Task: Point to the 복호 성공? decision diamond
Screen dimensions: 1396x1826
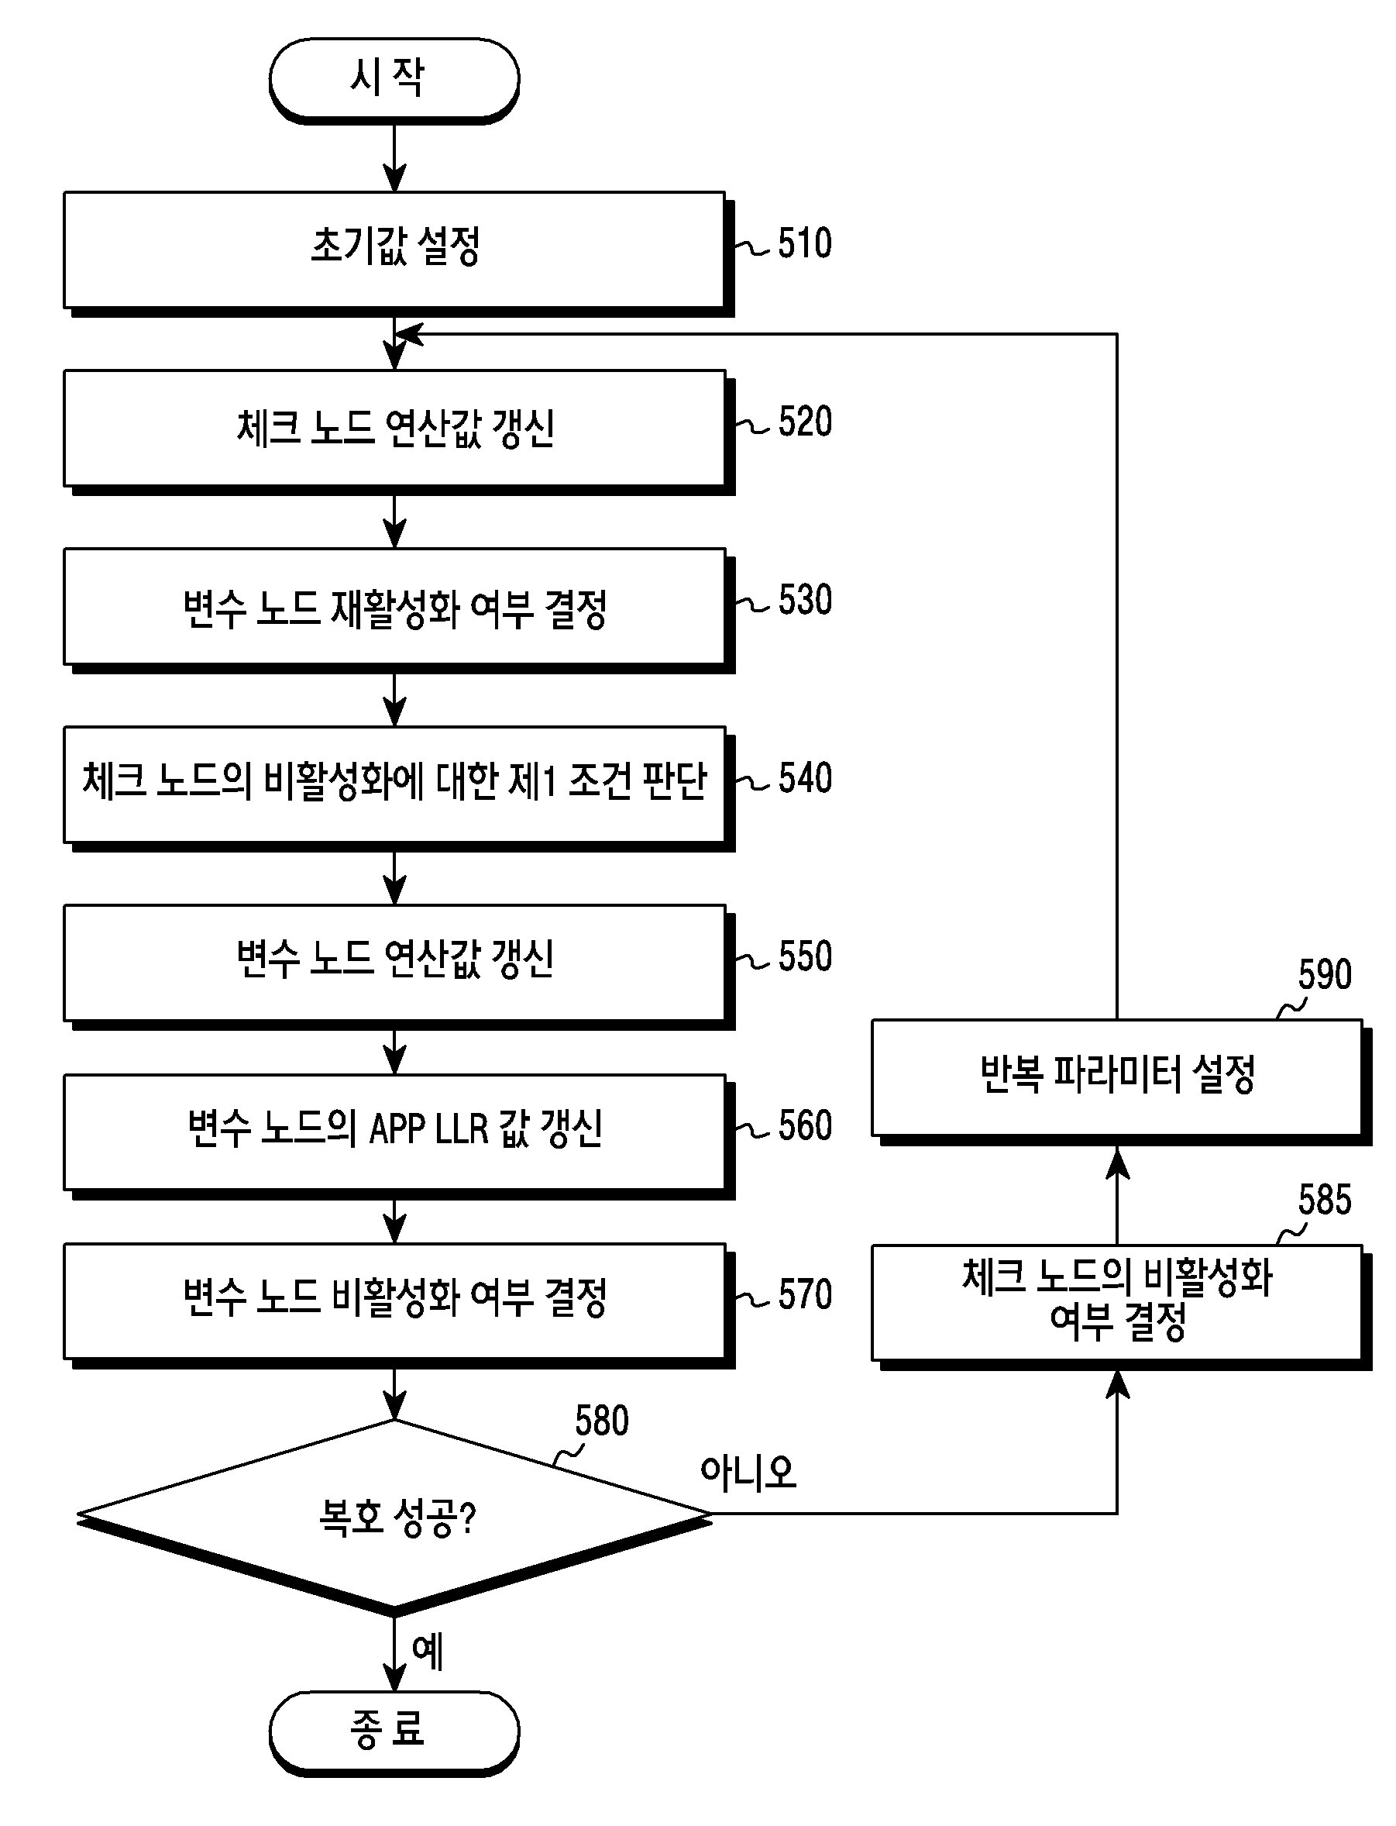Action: click(394, 1518)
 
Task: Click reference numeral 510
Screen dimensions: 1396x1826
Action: click(804, 243)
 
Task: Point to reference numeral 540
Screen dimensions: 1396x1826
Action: click(804, 779)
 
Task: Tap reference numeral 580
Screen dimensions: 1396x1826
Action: click(602, 1421)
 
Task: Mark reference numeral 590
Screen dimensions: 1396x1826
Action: click(1325, 974)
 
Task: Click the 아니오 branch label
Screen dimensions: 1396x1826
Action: click(748, 1472)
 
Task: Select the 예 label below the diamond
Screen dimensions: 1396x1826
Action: click(427, 1652)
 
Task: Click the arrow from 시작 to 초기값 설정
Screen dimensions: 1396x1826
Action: click(394, 158)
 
